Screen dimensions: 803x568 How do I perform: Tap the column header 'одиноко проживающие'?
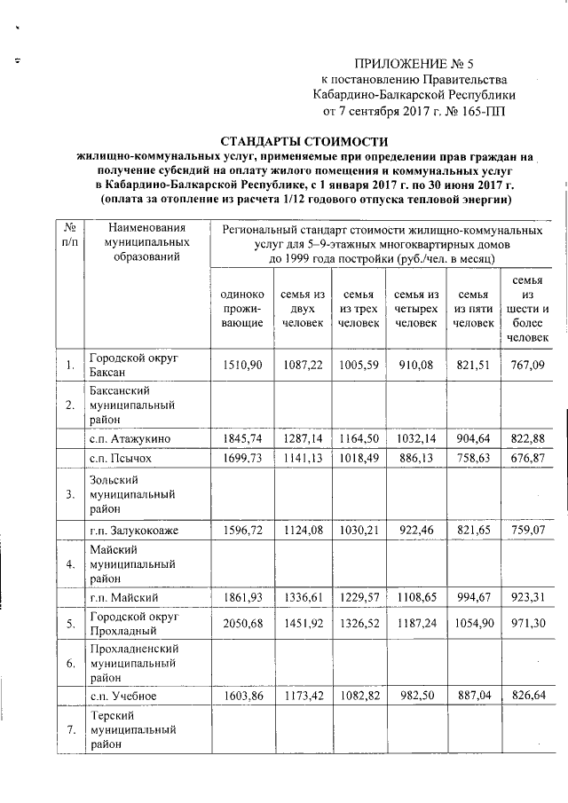[x=241, y=309]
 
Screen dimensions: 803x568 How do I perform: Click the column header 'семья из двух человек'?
[x=303, y=309]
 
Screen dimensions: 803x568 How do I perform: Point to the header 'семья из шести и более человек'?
[x=527, y=309]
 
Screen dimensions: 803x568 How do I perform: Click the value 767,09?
[x=527, y=365]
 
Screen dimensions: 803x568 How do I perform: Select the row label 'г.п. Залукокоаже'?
[x=133, y=531]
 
